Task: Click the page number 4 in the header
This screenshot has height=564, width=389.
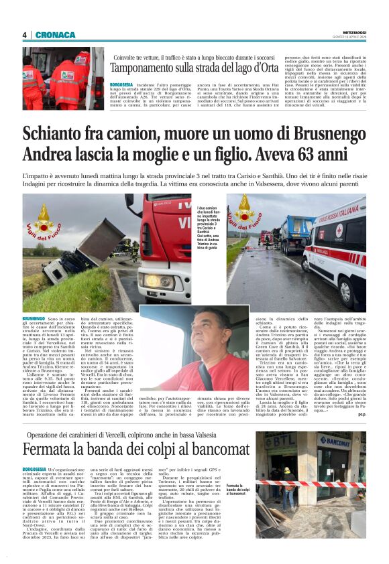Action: coord(24,35)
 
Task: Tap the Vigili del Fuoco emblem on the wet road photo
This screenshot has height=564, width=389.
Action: coord(243,211)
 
